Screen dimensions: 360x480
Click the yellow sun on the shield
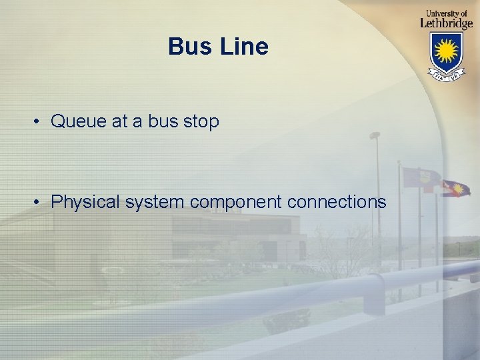click(x=446, y=49)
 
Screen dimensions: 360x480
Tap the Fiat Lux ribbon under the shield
click(x=446, y=76)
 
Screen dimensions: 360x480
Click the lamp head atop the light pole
click(x=375, y=135)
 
